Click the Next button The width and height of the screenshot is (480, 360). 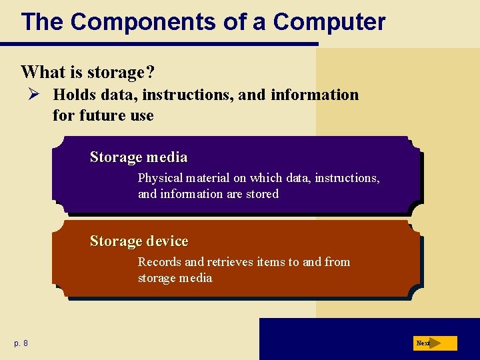[435, 343]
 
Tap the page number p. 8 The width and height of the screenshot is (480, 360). [21, 343]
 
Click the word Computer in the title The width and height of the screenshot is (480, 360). [329, 22]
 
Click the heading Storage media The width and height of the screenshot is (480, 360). [139, 157]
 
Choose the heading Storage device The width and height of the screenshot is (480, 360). [139, 241]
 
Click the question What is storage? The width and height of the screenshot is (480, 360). [92, 71]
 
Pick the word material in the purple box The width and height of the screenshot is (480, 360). [207, 178]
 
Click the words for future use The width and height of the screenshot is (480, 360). [103, 115]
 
